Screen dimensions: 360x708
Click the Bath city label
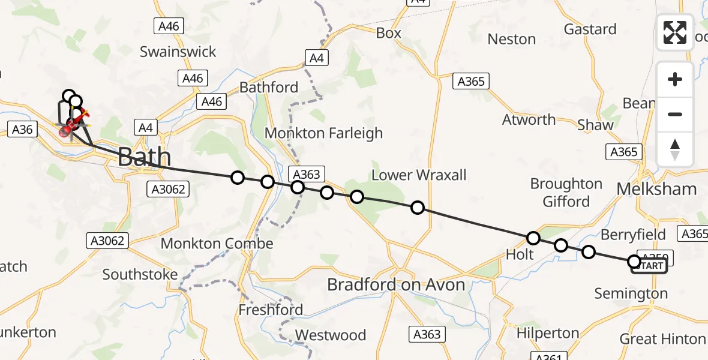(x=144, y=157)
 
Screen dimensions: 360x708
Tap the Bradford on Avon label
(x=396, y=284)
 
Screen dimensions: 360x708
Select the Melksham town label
(x=657, y=189)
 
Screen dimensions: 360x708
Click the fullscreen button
(x=675, y=32)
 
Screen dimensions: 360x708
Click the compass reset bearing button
(x=675, y=149)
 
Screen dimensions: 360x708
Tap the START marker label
(x=649, y=266)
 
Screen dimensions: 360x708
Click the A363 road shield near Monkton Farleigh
(x=307, y=174)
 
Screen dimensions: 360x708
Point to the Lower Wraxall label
(x=419, y=175)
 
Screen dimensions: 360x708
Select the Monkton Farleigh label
(x=323, y=133)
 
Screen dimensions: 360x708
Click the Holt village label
(x=520, y=254)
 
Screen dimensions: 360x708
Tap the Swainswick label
(x=178, y=52)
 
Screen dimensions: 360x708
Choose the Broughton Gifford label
(x=566, y=192)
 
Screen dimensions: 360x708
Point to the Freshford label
(x=271, y=310)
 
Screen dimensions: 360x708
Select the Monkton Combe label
(x=217, y=244)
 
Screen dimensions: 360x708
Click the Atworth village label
(x=529, y=119)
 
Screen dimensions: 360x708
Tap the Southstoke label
(x=140, y=274)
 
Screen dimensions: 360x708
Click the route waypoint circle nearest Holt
(x=533, y=238)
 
